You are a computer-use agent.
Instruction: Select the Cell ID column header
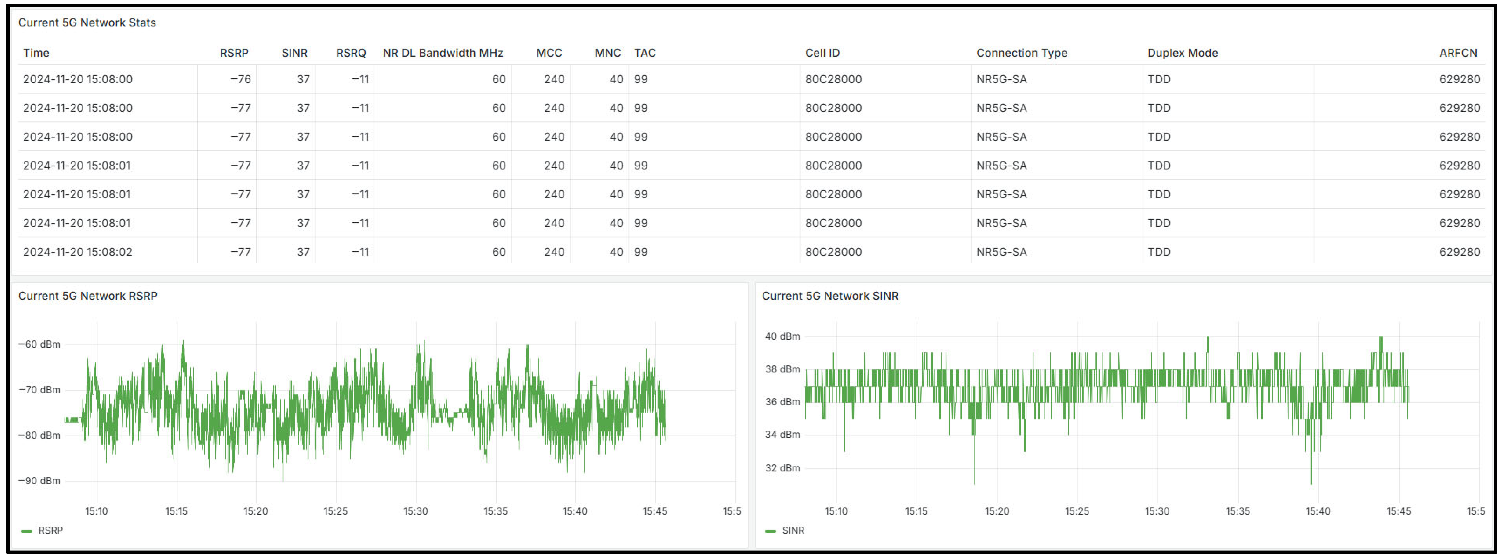(x=822, y=53)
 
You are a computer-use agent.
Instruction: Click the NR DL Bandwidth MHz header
(x=443, y=53)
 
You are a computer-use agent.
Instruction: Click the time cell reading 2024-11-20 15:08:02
(x=77, y=252)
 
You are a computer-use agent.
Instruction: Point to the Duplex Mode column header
(x=1183, y=53)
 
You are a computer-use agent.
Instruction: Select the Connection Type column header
(x=1022, y=53)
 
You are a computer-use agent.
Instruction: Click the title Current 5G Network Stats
(x=87, y=23)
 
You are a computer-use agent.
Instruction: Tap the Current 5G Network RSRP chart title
(x=87, y=296)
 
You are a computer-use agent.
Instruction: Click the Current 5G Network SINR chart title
(x=830, y=296)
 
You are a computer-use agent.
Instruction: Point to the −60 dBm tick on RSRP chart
(x=39, y=344)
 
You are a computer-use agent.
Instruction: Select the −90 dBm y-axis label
(x=39, y=481)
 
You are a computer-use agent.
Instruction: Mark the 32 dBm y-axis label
(x=782, y=468)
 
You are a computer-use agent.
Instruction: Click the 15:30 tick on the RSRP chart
(x=415, y=511)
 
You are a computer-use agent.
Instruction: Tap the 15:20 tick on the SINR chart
(x=996, y=511)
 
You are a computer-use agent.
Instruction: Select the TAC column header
(x=645, y=53)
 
